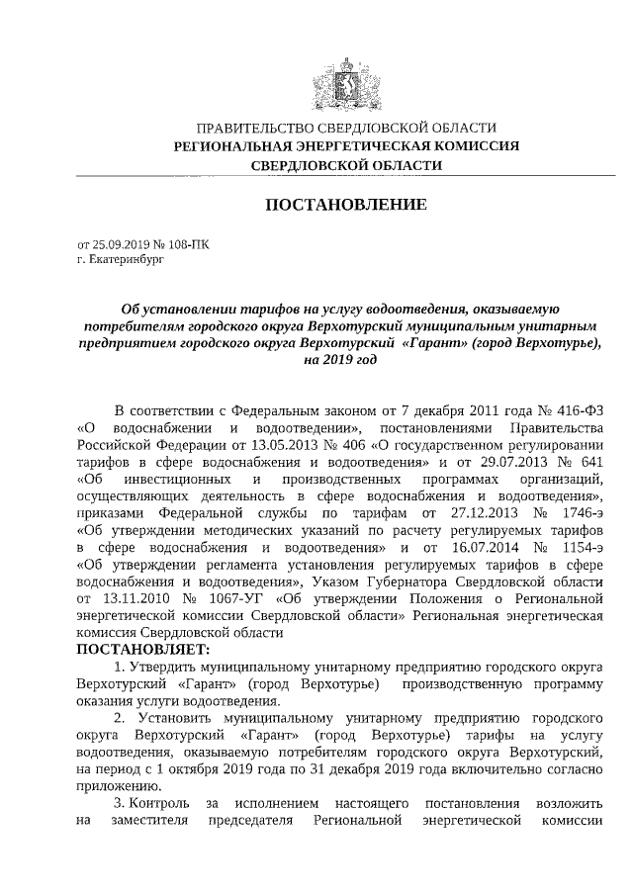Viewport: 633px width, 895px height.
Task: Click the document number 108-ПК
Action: (x=188, y=243)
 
